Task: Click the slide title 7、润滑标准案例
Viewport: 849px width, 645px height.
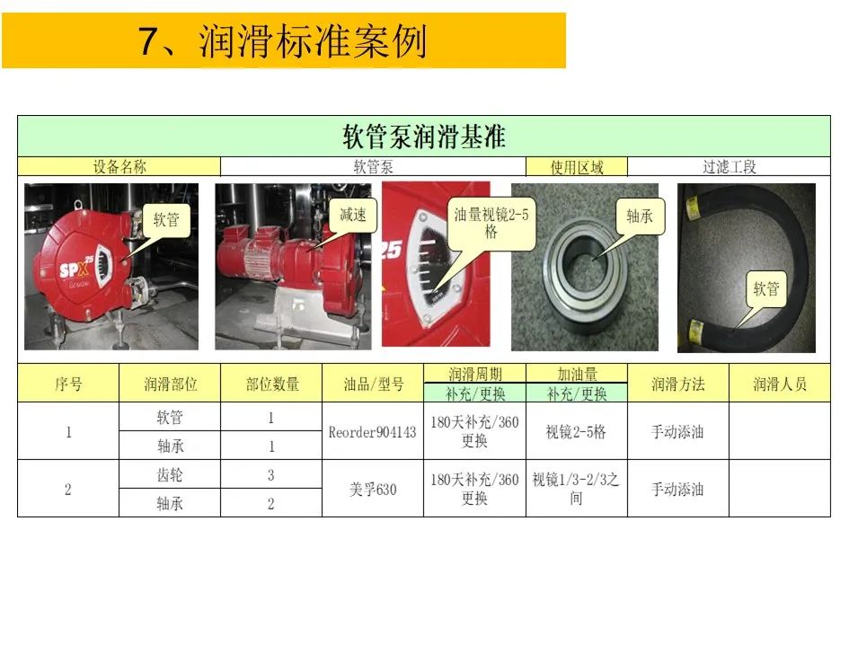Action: [283, 41]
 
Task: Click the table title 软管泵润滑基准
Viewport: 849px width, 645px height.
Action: [424, 137]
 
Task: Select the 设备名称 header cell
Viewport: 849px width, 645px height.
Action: [119, 167]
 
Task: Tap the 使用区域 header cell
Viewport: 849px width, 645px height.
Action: [577, 167]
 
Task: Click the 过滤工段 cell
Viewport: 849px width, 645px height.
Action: [729, 167]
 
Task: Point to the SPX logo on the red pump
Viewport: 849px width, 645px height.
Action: [75, 267]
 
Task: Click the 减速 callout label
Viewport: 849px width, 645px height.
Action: [353, 215]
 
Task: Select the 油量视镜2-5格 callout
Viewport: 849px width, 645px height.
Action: [491, 223]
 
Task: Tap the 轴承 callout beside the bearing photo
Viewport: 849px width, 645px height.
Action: [640, 216]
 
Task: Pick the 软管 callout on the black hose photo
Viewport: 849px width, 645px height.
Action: [765, 288]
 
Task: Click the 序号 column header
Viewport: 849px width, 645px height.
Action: [68, 384]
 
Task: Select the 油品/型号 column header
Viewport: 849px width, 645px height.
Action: [373, 384]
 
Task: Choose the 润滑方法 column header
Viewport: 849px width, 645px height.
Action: [678, 384]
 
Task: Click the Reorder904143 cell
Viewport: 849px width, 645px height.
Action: [373, 431]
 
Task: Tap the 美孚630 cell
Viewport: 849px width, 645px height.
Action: [373, 490]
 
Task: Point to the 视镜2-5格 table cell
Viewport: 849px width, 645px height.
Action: [576, 431]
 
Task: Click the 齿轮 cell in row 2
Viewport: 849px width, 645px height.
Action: [170, 475]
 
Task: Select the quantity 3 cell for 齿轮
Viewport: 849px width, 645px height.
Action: [270, 475]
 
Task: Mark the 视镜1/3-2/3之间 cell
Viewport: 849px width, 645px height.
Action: [576, 489]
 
